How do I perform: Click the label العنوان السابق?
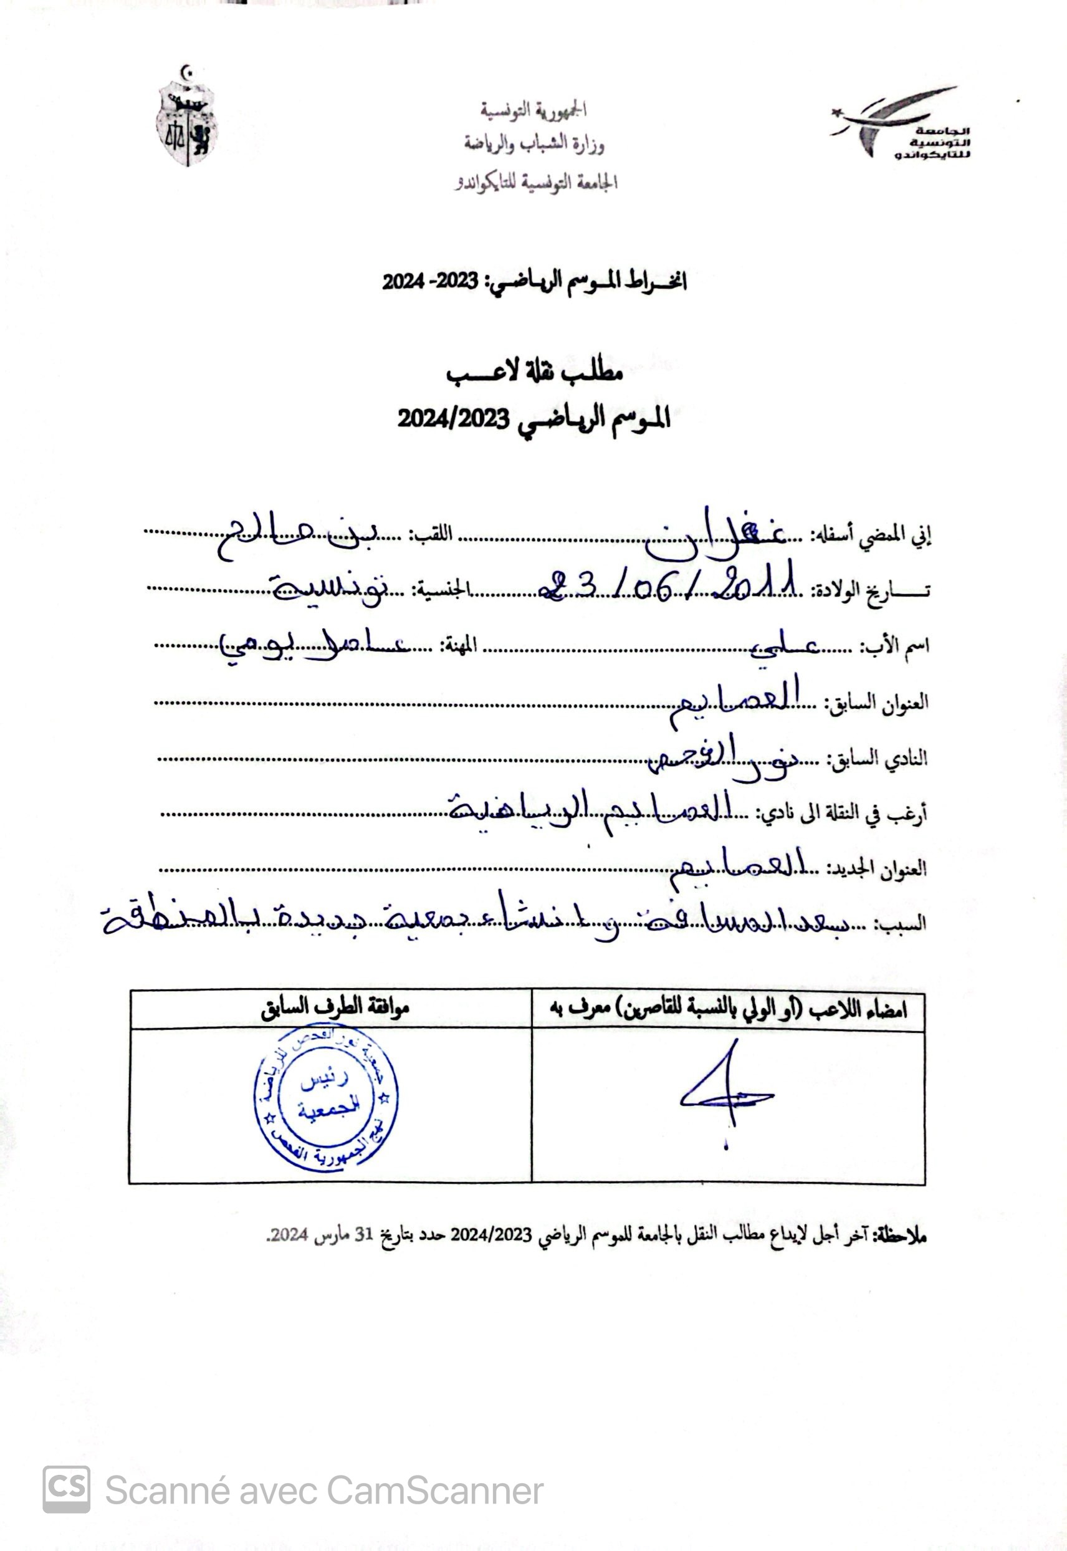877,703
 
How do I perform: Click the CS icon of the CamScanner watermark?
66,1489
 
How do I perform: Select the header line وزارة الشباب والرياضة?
534,144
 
